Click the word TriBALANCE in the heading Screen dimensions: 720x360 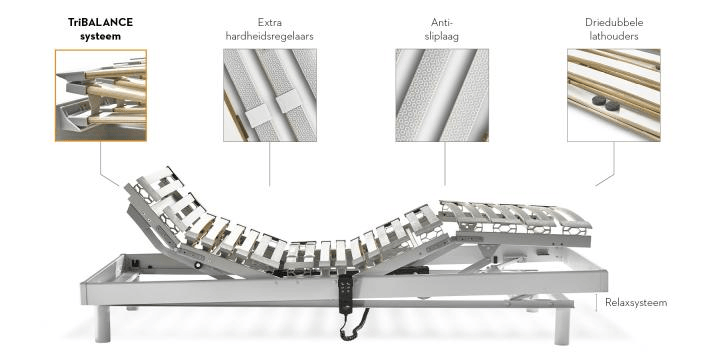(x=101, y=22)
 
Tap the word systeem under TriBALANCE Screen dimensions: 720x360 (x=101, y=37)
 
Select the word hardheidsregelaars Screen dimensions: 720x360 (x=270, y=37)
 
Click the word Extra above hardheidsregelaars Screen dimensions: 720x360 (x=270, y=22)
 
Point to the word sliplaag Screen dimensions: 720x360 (x=441, y=37)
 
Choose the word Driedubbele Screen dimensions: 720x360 (x=614, y=22)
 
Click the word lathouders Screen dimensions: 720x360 (x=614, y=37)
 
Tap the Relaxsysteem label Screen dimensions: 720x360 (x=636, y=303)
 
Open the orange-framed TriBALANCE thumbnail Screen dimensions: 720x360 (x=101, y=95)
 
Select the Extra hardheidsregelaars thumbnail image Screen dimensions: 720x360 (x=270, y=95)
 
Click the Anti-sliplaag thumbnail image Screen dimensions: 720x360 (x=442, y=95)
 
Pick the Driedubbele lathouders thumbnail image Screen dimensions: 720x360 (x=614, y=95)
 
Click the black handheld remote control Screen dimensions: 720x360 (x=346, y=293)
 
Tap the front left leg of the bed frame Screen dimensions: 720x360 (x=103, y=324)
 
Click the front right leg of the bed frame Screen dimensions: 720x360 (x=562, y=326)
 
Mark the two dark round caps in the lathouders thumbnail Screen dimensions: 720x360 (x=605, y=103)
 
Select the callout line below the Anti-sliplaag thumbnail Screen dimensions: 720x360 (x=444, y=163)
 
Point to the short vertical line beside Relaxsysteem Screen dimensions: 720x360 (x=596, y=303)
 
